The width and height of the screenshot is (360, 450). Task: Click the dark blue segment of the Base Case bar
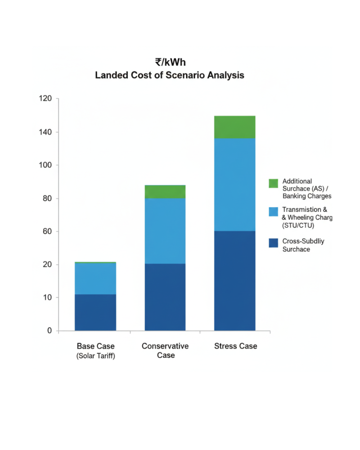(x=95, y=312)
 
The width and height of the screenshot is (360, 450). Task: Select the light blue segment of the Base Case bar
(x=95, y=279)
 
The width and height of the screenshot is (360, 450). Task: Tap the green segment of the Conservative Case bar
(x=165, y=192)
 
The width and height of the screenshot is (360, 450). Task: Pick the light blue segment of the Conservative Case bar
(x=165, y=231)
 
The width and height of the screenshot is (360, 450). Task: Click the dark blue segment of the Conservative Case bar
(x=165, y=297)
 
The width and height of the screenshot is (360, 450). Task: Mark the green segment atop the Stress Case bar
(x=234, y=127)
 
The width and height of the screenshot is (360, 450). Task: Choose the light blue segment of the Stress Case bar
(x=234, y=184)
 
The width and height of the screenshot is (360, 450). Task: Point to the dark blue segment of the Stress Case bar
(x=234, y=281)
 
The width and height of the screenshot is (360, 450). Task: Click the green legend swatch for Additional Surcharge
(x=274, y=183)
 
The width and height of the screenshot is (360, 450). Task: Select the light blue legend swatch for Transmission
(x=274, y=211)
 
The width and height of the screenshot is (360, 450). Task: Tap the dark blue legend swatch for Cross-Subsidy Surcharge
(x=274, y=243)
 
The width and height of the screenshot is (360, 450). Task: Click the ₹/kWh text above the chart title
(x=170, y=63)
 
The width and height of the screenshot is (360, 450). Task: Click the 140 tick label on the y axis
(x=45, y=132)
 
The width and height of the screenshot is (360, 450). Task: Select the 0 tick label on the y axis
(x=50, y=331)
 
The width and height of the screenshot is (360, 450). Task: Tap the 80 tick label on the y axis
(x=47, y=198)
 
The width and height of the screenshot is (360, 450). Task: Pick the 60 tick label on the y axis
(x=47, y=231)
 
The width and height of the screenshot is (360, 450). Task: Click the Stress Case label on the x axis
(x=235, y=346)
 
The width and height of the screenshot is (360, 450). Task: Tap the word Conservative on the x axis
(x=165, y=346)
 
